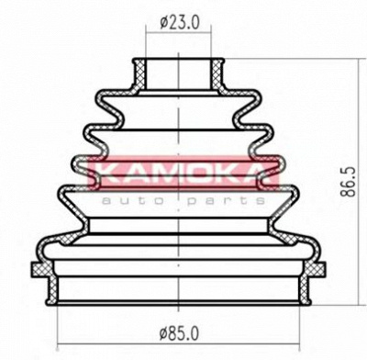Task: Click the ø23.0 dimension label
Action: click(179, 22)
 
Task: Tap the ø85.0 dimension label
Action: click(179, 332)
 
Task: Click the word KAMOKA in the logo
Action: click(183, 173)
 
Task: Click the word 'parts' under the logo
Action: click(227, 201)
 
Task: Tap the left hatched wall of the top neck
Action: click(139, 74)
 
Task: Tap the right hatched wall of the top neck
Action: click(217, 74)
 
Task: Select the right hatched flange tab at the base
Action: click(316, 270)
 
